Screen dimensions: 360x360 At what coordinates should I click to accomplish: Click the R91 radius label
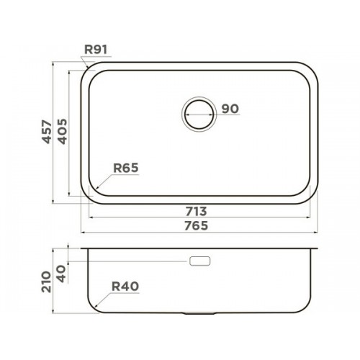(96, 50)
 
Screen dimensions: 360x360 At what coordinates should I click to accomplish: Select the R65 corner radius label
(126, 168)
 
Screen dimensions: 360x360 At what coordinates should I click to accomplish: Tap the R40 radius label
(125, 287)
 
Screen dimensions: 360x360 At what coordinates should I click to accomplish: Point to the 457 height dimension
(47, 132)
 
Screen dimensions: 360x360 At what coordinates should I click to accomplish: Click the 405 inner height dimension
(63, 132)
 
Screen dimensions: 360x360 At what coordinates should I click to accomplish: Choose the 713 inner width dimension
(196, 212)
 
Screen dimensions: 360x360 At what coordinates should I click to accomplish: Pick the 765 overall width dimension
(196, 226)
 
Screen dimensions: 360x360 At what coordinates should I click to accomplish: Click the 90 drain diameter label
(230, 109)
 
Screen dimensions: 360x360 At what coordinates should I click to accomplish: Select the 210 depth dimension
(46, 282)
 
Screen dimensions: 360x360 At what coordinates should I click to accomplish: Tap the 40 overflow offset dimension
(62, 274)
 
